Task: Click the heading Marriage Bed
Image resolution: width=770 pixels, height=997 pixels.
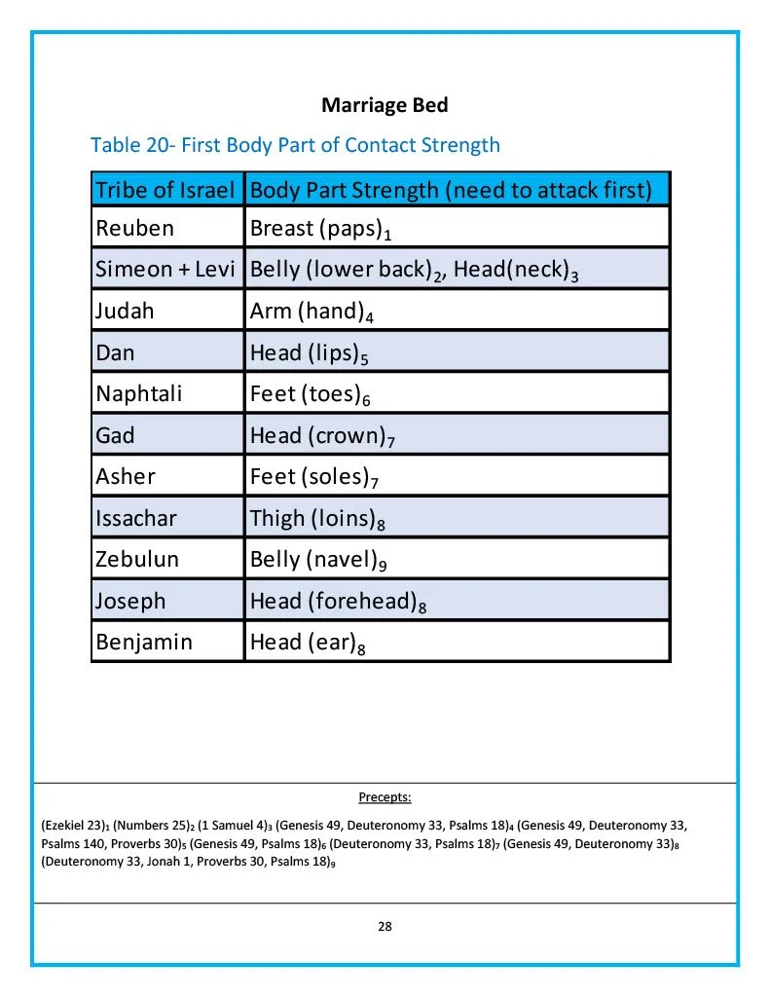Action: pos(385,104)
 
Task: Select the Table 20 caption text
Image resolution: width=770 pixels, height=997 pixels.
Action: pos(295,145)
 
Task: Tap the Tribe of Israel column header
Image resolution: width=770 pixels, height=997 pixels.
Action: pos(165,190)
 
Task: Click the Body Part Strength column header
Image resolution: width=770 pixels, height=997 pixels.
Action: pos(451,190)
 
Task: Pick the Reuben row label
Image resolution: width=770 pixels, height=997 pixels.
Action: pos(134,229)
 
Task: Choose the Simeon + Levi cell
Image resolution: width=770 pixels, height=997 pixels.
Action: pos(165,270)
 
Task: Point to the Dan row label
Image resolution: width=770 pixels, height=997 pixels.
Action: pos(115,352)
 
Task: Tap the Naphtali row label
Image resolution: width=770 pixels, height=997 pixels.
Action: pos(138,394)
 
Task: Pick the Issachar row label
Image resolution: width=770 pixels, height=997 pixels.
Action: pos(136,518)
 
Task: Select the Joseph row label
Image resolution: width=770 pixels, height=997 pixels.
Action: pos(130,601)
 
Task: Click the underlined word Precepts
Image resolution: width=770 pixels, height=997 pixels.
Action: pos(385,798)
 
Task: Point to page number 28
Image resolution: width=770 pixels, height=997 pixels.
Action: pos(385,927)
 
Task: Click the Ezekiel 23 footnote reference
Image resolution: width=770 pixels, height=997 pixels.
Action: pos(72,825)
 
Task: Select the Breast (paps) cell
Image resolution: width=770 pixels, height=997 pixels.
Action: pos(320,230)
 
